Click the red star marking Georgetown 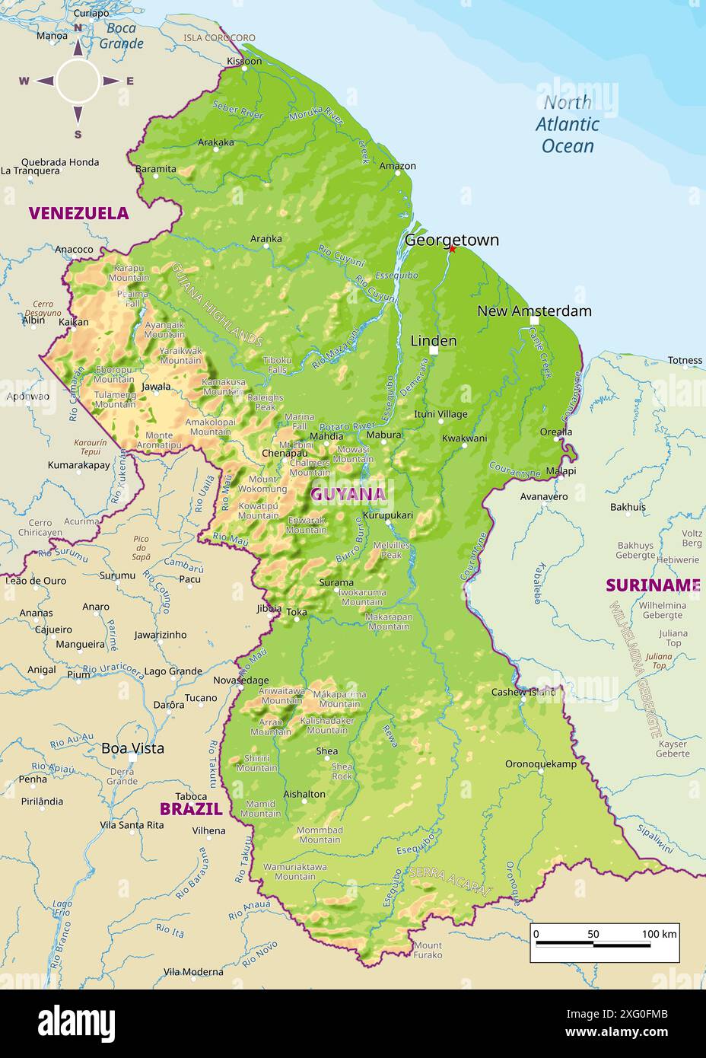pyautogui.click(x=452, y=249)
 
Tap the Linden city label pyautogui.click(x=433, y=340)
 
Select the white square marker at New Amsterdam pyautogui.click(x=534, y=321)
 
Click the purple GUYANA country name pyautogui.click(x=348, y=494)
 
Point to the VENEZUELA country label pyautogui.click(x=78, y=213)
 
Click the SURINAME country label pyautogui.click(x=652, y=585)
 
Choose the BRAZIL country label pyautogui.click(x=190, y=809)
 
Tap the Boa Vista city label pyautogui.click(x=132, y=748)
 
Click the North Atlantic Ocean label pyautogui.click(x=568, y=124)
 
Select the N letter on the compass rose pyautogui.click(x=78, y=28)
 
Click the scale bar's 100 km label pyautogui.click(x=659, y=934)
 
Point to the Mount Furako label pyautogui.click(x=428, y=950)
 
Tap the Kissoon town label pyautogui.click(x=244, y=61)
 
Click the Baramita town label pyautogui.click(x=156, y=169)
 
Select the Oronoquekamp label pyautogui.click(x=541, y=763)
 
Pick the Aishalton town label pyautogui.click(x=304, y=794)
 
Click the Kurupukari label pyautogui.click(x=387, y=515)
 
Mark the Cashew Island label pyautogui.click(x=523, y=692)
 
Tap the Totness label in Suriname pyautogui.click(x=685, y=360)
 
